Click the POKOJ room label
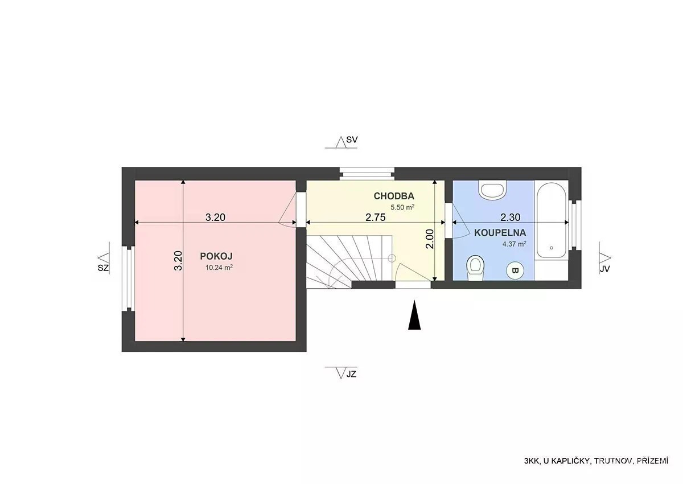click(x=216, y=256)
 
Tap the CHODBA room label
click(x=394, y=196)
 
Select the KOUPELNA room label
click(x=500, y=233)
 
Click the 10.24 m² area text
click(x=219, y=268)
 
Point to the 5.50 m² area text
click(x=402, y=207)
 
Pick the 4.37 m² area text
click(x=515, y=244)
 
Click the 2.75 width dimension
click(x=375, y=217)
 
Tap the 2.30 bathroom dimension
click(x=510, y=217)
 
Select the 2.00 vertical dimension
click(x=429, y=239)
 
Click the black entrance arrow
click(x=414, y=315)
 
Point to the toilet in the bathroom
click(x=475, y=268)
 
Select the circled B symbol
click(x=515, y=270)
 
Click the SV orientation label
click(x=352, y=140)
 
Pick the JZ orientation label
click(x=351, y=374)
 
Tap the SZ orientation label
click(x=103, y=268)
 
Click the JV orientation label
click(x=604, y=269)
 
